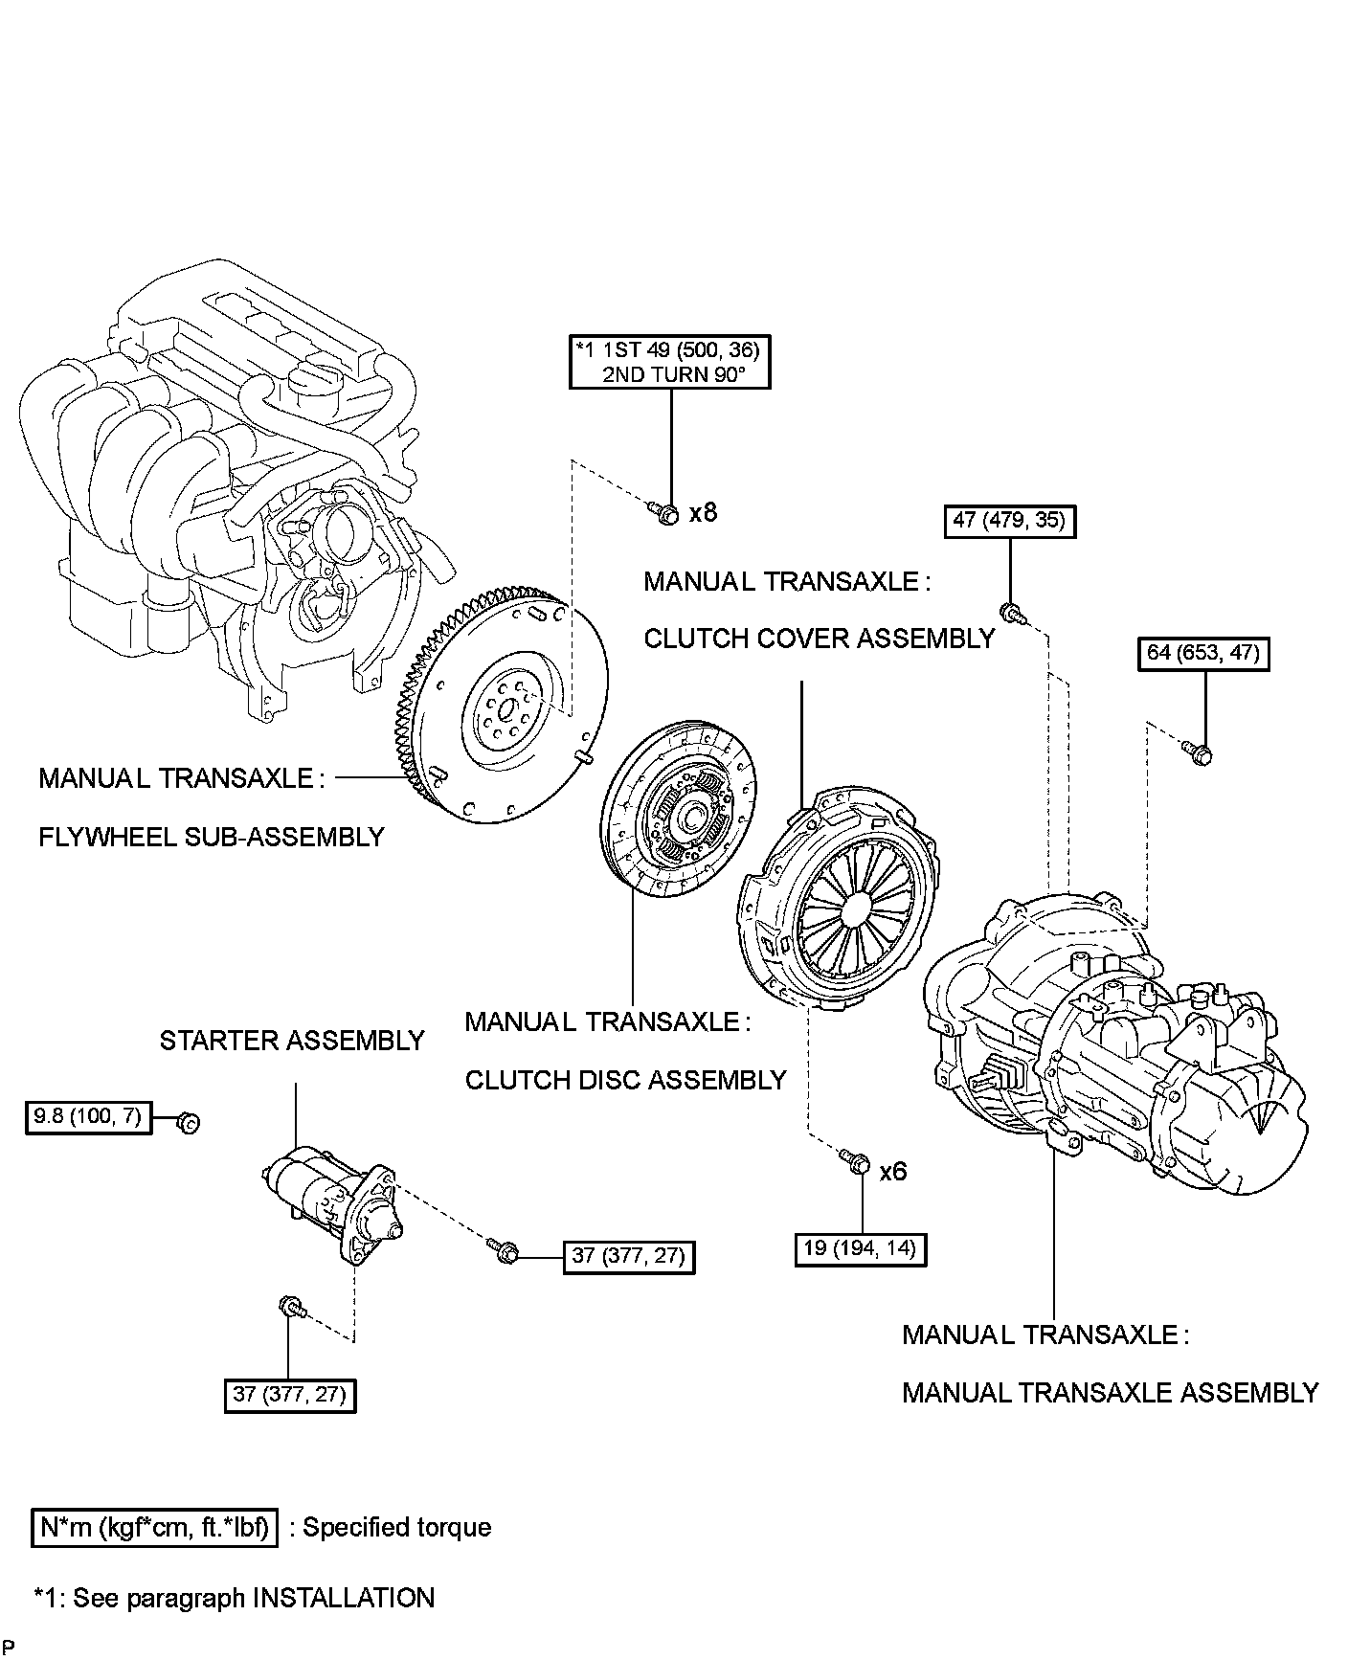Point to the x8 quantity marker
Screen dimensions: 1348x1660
point(703,512)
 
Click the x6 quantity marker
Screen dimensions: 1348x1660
point(892,1171)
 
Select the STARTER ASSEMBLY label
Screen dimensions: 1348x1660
point(292,1041)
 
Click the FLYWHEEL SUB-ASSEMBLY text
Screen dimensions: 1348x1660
point(212,837)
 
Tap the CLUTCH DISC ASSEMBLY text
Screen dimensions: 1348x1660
point(625,1080)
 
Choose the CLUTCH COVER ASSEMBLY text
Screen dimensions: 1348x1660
point(820,639)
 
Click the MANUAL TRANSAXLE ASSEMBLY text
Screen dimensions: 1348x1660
point(1111,1392)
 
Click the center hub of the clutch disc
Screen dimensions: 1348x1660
point(691,816)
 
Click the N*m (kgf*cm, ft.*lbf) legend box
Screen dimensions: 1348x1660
point(155,1527)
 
